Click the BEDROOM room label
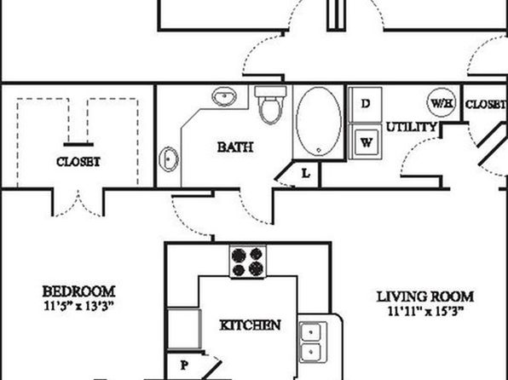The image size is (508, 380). (78, 291)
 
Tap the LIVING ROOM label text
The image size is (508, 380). (425, 297)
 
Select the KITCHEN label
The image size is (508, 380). (250, 325)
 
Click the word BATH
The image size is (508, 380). (235, 147)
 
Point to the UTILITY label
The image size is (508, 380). (412, 127)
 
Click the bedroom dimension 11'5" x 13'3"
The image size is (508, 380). (79, 307)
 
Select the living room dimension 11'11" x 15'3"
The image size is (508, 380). (425, 311)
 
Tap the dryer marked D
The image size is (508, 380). (366, 104)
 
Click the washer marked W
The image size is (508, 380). (366, 142)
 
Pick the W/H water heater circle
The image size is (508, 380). (442, 103)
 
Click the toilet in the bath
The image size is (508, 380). (270, 105)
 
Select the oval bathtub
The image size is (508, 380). (319, 122)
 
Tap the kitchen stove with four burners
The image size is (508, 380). (248, 262)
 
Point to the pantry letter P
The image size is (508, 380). (184, 366)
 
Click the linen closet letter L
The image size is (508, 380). (305, 174)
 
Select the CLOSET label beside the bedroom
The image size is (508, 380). (78, 162)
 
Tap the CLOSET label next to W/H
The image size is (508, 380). (486, 104)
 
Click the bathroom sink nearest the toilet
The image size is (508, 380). (223, 96)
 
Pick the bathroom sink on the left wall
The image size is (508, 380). (169, 159)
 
